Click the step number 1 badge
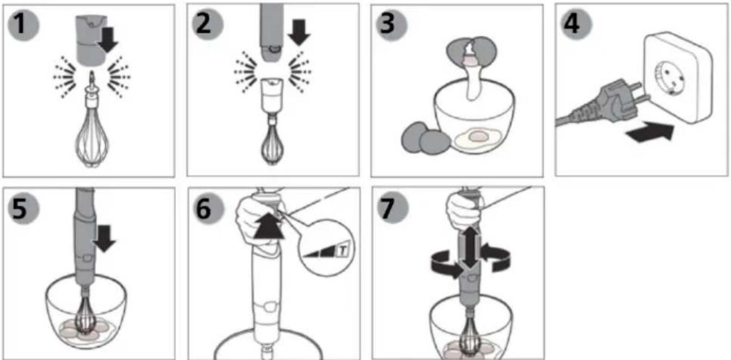[23, 24]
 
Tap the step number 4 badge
[576, 24]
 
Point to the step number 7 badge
[392, 208]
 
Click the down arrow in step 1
[108, 40]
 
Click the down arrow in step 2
[298, 32]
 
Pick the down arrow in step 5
[104, 238]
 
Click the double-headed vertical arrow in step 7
[470, 247]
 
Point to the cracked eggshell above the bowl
[472, 50]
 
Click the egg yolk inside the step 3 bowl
[477, 136]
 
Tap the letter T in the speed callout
[343, 251]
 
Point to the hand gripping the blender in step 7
[463, 210]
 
